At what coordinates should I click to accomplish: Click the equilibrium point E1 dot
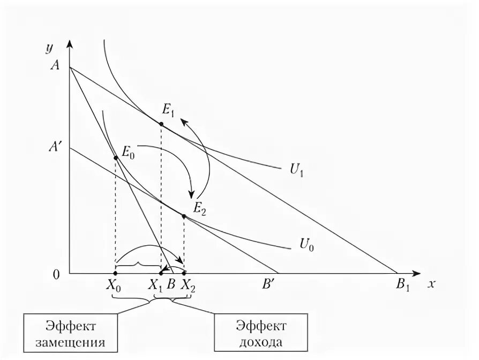(161, 124)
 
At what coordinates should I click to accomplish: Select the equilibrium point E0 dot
(116, 157)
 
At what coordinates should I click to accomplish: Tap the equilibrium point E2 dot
(184, 216)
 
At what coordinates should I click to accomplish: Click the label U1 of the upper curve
(296, 169)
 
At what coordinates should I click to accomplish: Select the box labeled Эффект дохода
(261, 333)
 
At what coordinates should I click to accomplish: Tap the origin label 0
(56, 274)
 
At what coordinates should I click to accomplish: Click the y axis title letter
(49, 47)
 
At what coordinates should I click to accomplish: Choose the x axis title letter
(430, 284)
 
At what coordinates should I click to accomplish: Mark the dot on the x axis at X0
(116, 274)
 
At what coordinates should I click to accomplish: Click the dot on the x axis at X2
(184, 274)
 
